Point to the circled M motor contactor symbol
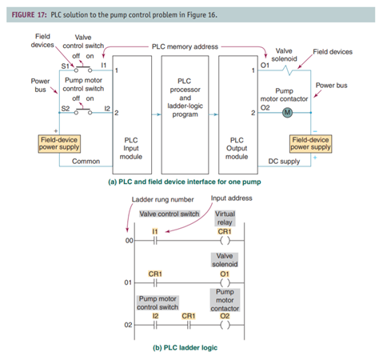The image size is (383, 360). (286, 111)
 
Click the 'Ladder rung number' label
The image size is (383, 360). (164, 198)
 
